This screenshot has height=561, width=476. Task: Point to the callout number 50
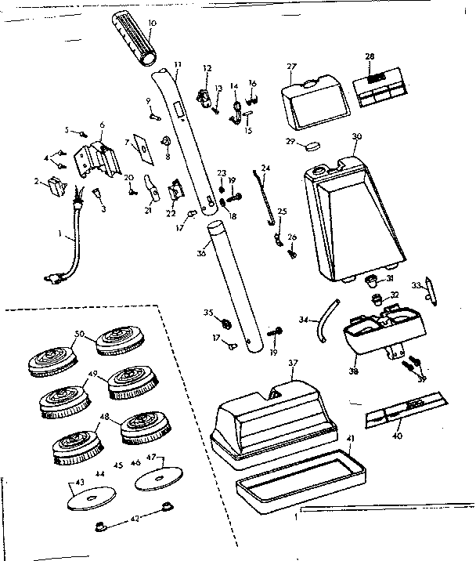coord(79,335)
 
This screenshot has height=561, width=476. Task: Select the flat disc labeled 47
coord(158,480)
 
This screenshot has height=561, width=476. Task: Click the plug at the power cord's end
coord(53,277)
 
